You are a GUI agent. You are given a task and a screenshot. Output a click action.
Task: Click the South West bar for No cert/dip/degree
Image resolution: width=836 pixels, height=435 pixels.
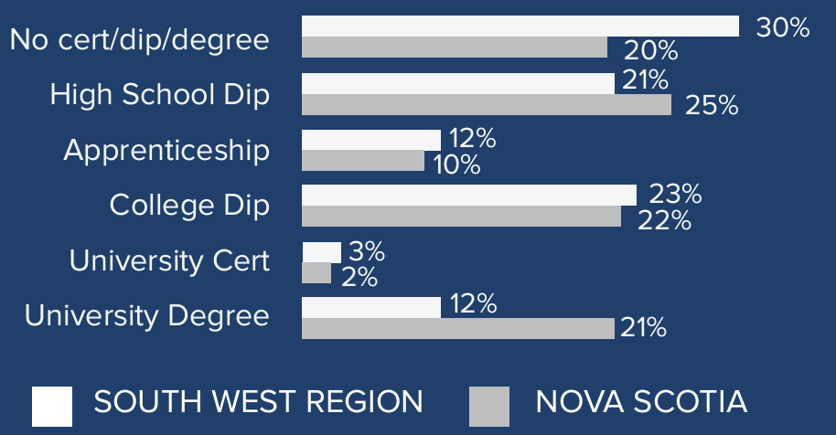pos(520,27)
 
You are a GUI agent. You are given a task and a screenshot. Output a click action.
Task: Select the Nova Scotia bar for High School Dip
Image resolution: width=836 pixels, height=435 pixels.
pos(486,105)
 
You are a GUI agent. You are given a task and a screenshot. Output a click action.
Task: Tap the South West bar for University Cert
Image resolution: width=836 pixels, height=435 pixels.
pos(321,251)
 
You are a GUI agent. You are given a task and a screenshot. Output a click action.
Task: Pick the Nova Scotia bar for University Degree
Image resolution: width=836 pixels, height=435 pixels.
pos(457,328)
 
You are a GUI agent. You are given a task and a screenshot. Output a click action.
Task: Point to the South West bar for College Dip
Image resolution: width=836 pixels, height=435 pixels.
pos(468,195)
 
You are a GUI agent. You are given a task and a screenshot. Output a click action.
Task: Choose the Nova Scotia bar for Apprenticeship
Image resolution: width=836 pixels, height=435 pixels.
pos(362,161)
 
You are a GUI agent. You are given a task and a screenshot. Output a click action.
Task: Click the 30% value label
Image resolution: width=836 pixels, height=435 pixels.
pos(782,27)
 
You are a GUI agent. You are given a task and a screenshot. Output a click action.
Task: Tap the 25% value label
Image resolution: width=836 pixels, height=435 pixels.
pos(712,106)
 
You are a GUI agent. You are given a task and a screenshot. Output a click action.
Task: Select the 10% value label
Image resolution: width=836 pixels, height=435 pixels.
pos(456,164)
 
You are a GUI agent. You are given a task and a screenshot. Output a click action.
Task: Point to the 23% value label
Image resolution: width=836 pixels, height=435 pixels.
pos(675,194)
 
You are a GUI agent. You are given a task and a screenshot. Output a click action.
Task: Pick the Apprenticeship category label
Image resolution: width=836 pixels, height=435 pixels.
pos(166,151)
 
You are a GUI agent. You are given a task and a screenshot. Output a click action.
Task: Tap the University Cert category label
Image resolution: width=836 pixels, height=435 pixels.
pos(169,261)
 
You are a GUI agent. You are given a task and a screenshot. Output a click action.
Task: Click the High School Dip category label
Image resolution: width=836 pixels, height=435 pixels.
pos(160,94)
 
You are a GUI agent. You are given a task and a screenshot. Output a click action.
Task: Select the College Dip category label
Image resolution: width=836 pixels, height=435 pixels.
pos(189,205)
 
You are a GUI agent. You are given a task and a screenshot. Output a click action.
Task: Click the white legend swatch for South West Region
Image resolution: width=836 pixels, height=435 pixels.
pos(52,406)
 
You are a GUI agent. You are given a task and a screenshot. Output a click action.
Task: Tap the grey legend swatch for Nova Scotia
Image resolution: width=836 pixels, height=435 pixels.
pos(489,406)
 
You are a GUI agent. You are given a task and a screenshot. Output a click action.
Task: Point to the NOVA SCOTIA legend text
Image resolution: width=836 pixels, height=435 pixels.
pos(641,401)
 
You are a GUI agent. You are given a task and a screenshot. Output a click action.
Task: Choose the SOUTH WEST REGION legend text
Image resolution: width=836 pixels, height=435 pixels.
pos(259,401)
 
